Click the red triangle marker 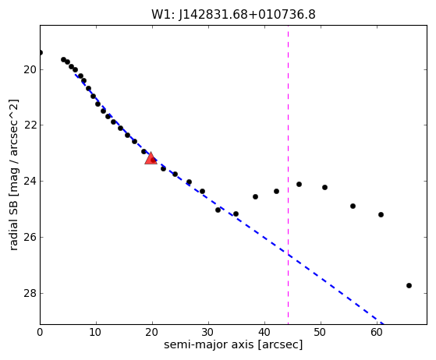151,159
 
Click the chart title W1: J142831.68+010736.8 233,15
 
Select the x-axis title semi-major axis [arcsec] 233,344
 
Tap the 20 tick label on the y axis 30,69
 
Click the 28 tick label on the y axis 30,293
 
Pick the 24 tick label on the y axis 30,182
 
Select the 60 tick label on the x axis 377,332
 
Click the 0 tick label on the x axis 40,332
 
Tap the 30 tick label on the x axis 208,332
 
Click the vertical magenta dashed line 288,175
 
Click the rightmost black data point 409,285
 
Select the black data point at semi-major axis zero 41,52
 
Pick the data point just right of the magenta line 299,184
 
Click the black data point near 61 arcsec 381,215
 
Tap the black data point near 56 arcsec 353,206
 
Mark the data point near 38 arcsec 255,196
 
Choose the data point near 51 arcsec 324,188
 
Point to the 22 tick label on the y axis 30,125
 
